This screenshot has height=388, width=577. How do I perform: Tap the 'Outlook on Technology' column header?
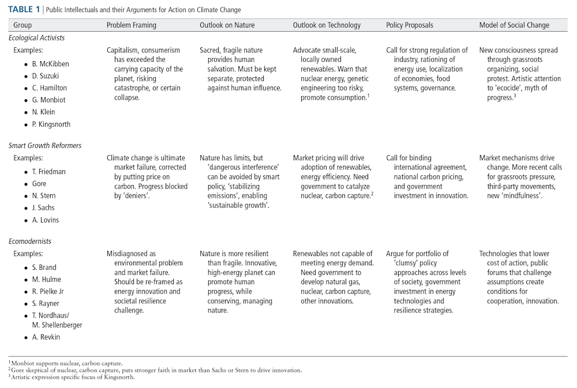click(x=327, y=25)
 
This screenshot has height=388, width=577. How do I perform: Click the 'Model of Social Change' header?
click(x=514, y=25)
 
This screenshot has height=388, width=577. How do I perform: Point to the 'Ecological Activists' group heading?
click(x=36, y=37)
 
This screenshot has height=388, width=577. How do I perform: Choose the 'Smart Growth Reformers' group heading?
click(x=45, y=145)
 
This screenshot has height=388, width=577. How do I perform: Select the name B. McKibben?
click(x=51, y=64)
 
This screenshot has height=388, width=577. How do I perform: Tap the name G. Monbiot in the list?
click(x=50, y=100)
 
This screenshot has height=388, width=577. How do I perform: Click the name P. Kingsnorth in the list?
click(x=51, y=125)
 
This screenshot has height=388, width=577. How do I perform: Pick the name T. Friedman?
click(x=49, y=172)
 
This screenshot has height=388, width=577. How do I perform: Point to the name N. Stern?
click(x=45, y=196)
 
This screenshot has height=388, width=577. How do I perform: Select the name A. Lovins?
click(x=46, y=220)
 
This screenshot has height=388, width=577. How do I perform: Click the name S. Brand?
click(x=44, y=268)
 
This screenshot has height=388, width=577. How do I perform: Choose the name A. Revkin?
click(x=46, y=337)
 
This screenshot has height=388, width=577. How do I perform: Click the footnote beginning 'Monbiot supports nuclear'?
click(x=66, y=364)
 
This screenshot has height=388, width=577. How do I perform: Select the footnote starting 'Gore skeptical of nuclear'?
click(x=155, y=370)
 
